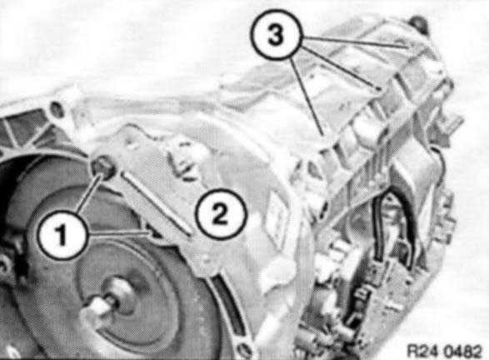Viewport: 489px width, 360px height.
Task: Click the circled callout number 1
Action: tap(61, 235)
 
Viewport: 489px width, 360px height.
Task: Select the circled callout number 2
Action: tap(221, 213)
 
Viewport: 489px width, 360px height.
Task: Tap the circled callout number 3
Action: tap(275, 34)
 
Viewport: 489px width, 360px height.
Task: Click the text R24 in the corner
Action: tap(424, 352)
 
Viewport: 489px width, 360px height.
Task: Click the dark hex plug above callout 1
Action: tap(103, 168)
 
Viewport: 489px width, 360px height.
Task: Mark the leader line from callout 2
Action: tap(157, 203)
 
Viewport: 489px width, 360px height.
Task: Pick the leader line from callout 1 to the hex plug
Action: tap(88, 194)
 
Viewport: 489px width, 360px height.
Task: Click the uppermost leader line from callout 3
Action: tap(355, 42)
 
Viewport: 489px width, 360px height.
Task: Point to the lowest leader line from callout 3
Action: tap(307, 96)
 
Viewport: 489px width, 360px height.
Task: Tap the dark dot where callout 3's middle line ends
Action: tap(378, 88)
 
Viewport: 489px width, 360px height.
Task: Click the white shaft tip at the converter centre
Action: tap(95, 307)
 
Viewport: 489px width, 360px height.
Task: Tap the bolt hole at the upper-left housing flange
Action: tap(57, 110)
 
